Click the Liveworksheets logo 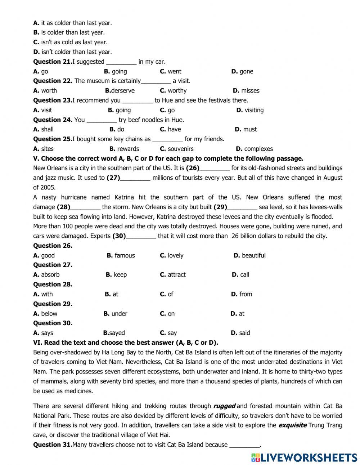(x=304, y=457)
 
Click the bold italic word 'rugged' (x=224, y=406)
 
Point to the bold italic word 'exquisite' (x=292, y=425)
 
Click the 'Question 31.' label (x=53, y=444)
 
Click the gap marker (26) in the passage (x=193, y=168)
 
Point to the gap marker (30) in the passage (x=119, y=236)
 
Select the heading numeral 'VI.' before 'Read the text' (x=37, y=343)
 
